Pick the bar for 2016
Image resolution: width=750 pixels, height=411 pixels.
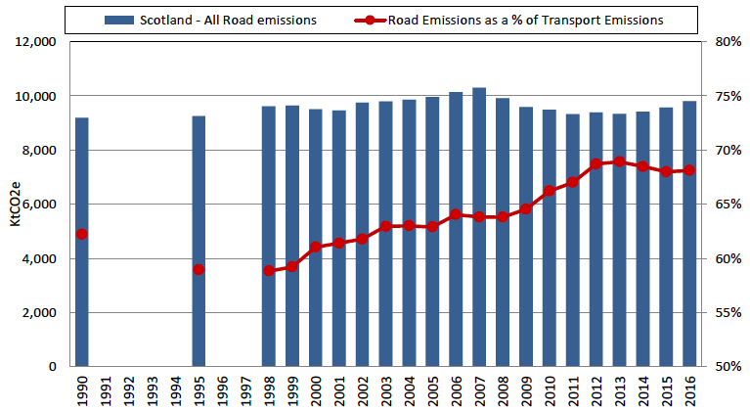689,234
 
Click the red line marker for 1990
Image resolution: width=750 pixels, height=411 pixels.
82,234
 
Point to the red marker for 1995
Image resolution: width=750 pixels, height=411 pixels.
199,269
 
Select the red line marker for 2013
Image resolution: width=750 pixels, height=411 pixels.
619,161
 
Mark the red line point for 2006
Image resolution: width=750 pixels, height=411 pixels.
456,214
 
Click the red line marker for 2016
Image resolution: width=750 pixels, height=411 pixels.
689,169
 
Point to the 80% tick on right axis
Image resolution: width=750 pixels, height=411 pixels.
725,42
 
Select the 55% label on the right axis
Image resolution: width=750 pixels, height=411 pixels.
725,312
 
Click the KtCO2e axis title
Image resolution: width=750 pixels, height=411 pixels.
14,204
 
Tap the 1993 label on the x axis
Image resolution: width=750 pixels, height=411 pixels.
153,389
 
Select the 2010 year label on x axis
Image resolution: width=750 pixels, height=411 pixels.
550,389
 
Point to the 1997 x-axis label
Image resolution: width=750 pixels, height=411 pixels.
245,389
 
